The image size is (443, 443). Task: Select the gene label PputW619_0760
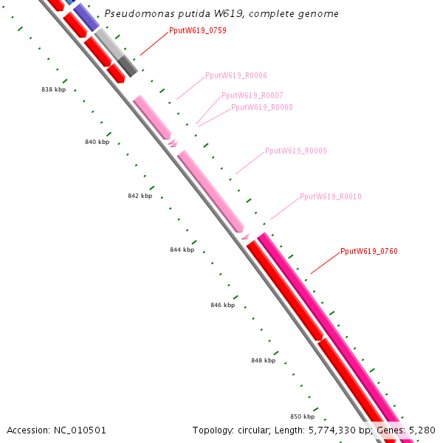[369, 252]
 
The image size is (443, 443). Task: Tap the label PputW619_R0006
[236, 76]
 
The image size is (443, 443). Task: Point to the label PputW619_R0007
[253, 96]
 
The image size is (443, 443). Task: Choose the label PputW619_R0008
[262, 107]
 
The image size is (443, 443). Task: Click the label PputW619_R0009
[296, 151]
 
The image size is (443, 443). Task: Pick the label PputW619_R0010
[331, 197]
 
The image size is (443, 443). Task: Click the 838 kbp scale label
[53, 89]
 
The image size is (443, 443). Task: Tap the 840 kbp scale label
[97, 142]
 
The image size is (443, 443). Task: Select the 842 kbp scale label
[140, 196]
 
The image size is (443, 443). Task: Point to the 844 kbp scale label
[182, 250]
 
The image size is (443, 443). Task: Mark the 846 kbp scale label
[223, 305]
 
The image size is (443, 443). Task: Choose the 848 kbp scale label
[264, 360]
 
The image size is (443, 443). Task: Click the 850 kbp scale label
[302, 416]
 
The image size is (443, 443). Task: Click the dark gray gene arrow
[128, 66]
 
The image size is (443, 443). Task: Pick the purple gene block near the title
[86, 17]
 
